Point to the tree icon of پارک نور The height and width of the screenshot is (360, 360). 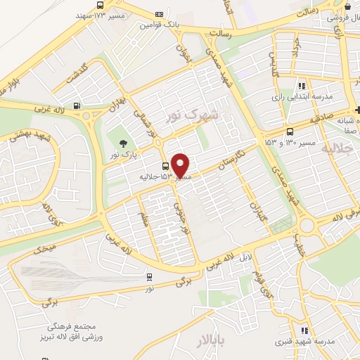[x=124, y=143]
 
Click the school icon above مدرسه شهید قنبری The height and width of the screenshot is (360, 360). [x=304, y=330]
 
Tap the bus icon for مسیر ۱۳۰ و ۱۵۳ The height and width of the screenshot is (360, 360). [x=291, y=131]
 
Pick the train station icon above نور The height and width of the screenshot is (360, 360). [x=149, y=277]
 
